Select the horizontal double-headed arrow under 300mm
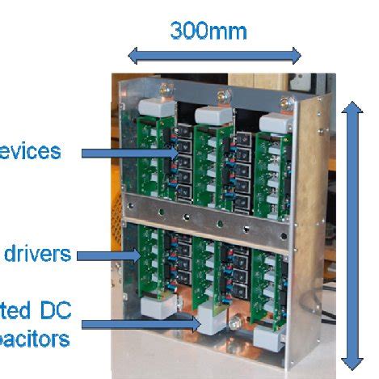pos(214,56)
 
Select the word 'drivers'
pos(37,255)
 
